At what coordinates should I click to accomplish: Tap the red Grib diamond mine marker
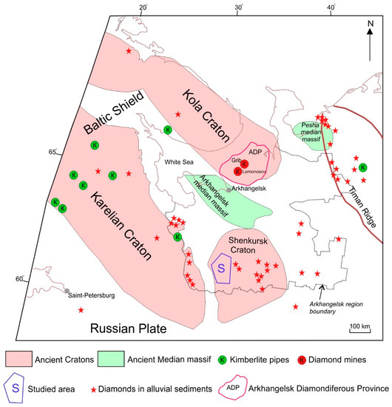(x=243, y=164)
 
